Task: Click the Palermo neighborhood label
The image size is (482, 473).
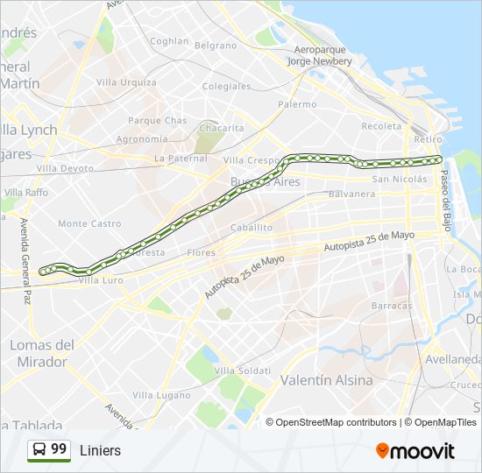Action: [x=298, y=104]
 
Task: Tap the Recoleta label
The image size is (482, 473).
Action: [x=381, y=126]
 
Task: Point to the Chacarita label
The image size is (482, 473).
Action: [x=222, y=128]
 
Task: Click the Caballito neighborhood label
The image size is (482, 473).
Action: [x=252, y=227]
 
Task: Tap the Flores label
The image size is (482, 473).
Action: [x=201, y=253]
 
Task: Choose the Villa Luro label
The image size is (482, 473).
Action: [x=101, y=280]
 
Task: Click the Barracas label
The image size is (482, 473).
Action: [x=392, y=306]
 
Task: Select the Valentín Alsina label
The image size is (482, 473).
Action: [x=326, y=380]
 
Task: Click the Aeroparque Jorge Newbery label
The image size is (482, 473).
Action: [x=320, y=56]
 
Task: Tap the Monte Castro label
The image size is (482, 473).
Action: [x=89, y=224]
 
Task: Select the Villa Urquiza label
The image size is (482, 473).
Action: [x=127, y=82]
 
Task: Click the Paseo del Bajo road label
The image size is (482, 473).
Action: [x=445, y=194]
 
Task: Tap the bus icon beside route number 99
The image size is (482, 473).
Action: [x=39, y=449]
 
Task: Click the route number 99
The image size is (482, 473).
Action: [x=59, y=449]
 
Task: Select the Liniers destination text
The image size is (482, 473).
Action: [x=100, y=450]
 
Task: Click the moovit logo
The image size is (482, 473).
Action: [x=415, y=451]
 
